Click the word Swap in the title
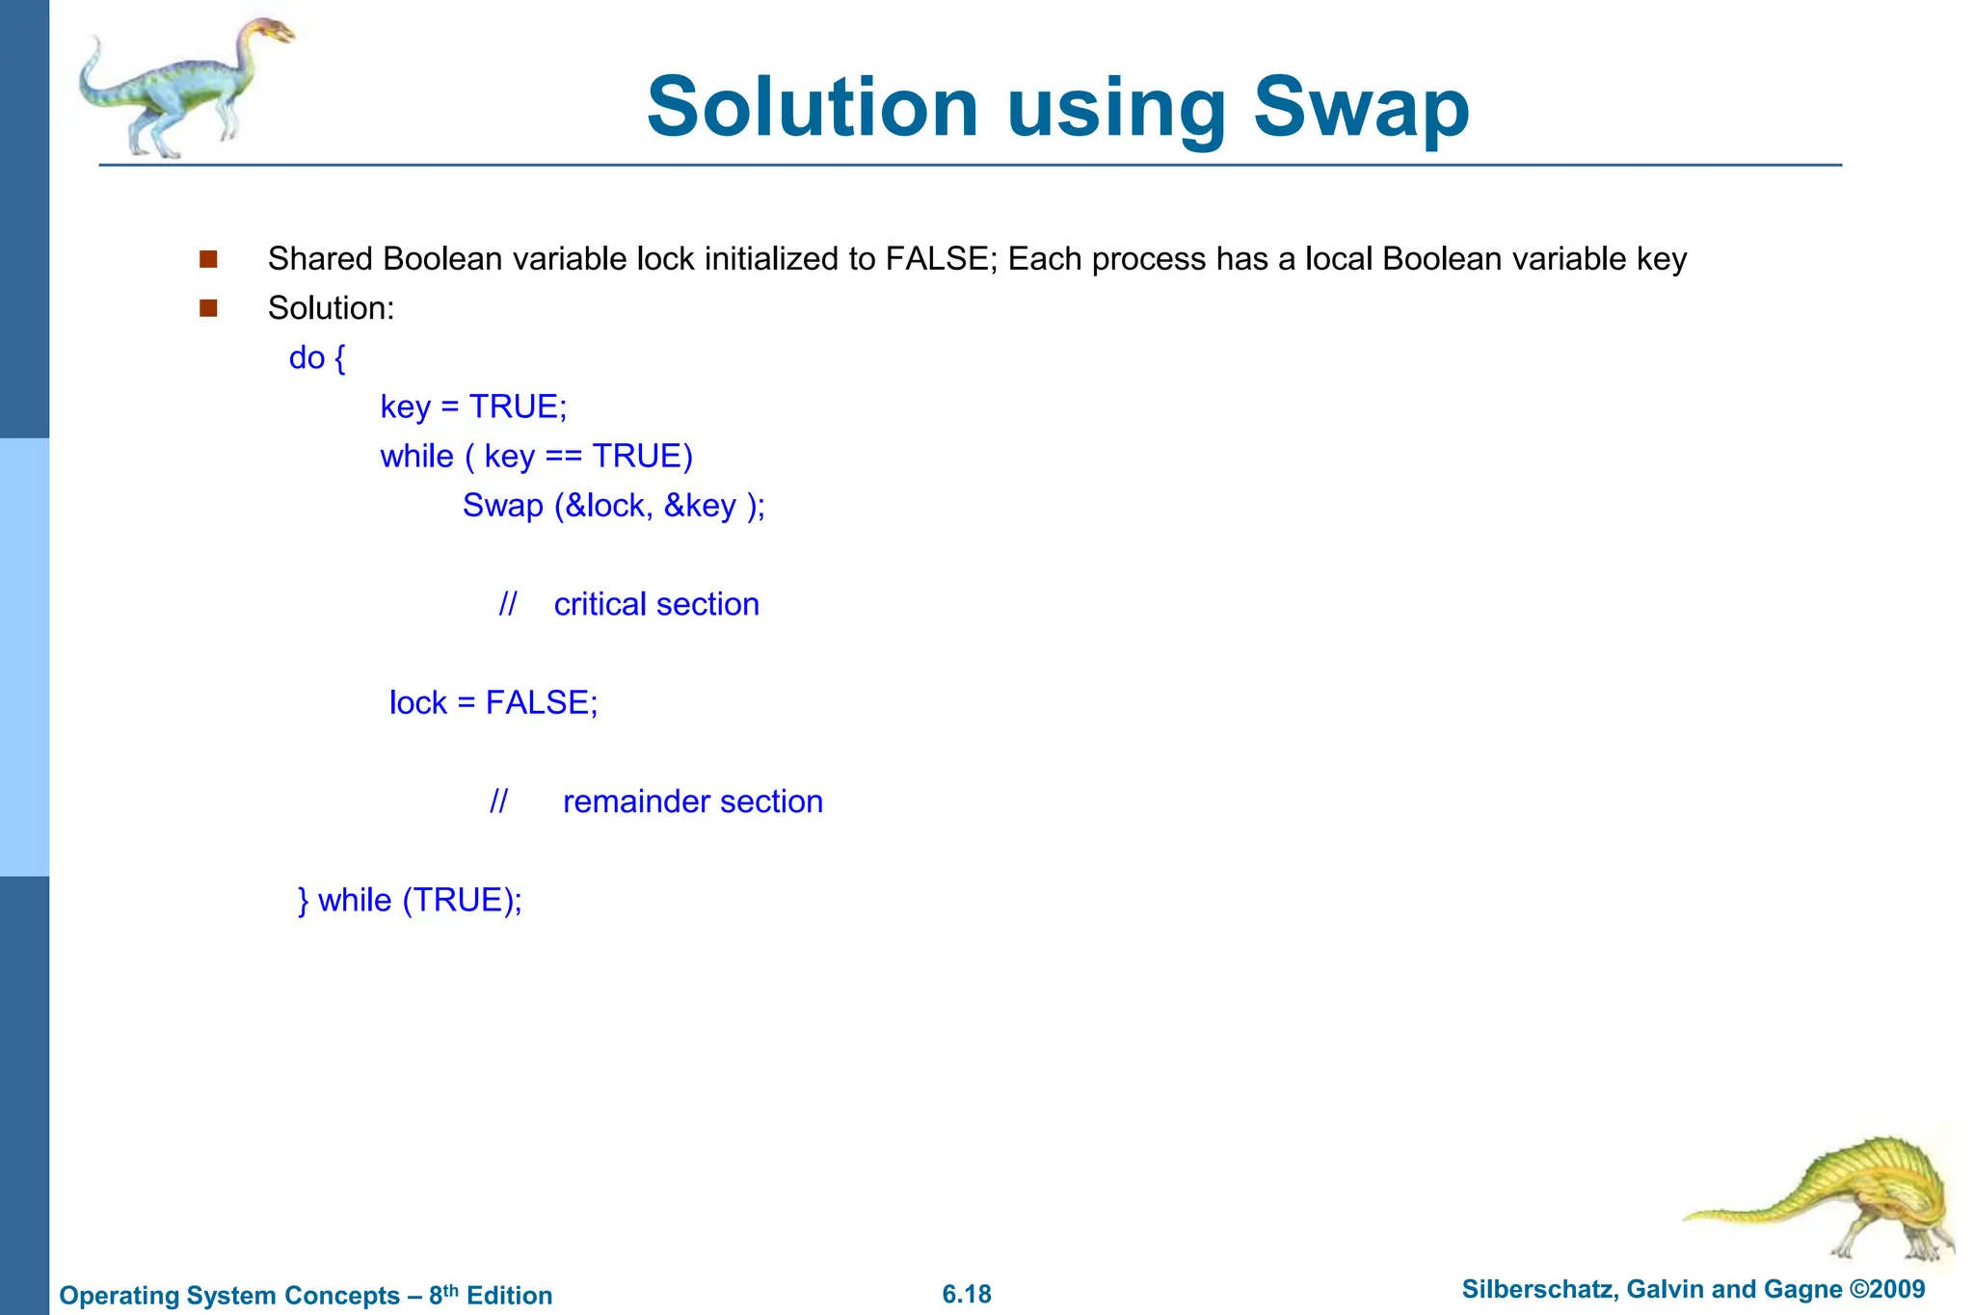pos(1361,108)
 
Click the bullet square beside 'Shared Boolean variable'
pos(208,259)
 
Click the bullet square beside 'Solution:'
pos(208,308)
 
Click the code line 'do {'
pos(317,358)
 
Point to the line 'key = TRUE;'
pos(473,408)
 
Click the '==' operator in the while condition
pos(563,457)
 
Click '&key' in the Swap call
pos(700,506)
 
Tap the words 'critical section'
pos(656,604)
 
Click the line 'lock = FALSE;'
pos(493,703)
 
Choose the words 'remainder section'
pos(692,802)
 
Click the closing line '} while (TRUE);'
pos(410,901)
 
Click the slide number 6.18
pos(967,1295)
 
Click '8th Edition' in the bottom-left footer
pos(491,1296)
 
